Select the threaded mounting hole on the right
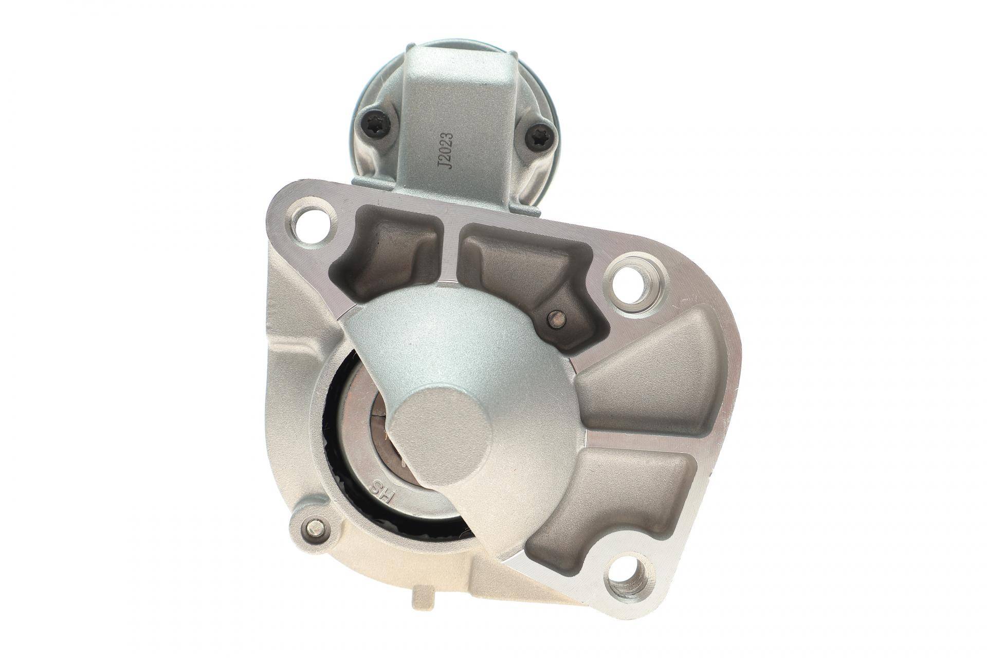tap(636, 285)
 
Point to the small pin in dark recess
tap(555, 319)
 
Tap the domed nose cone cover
tap(463, 350)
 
